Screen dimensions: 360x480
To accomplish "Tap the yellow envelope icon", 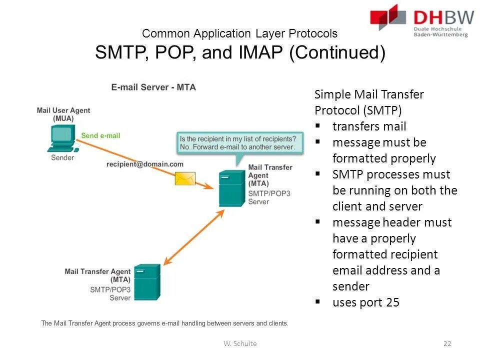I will point(185,177).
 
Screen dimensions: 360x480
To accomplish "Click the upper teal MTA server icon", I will point(232,188).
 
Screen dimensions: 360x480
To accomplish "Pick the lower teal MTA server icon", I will point(146,282).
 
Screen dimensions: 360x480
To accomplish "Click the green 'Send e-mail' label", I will point(100,135).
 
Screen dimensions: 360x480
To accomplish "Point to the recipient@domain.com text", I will point(145,164).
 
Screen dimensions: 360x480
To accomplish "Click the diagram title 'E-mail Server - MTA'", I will point(153,87).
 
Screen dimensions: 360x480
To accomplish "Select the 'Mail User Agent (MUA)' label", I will point(63,114).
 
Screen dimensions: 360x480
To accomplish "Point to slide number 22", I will point(447,343).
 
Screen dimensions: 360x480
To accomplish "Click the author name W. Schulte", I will point(240,343).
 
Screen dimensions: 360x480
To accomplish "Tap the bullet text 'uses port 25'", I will point(365,302).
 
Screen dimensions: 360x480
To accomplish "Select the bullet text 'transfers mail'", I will point(369,126).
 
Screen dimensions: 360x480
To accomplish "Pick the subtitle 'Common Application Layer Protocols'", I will point(239,33).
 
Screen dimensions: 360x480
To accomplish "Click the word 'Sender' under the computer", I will point(62,157).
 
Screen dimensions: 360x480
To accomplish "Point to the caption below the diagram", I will point(164,323).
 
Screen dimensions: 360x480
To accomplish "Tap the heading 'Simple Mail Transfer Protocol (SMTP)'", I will point(369,102).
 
